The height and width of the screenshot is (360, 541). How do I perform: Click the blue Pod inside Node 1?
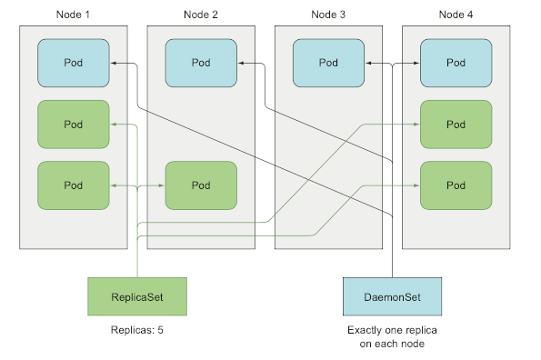(74, 63)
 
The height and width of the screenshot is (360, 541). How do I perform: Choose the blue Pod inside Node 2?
(201, 63)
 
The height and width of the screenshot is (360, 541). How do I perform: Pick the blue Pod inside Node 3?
(328, 63)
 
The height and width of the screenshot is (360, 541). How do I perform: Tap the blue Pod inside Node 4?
(456, 63)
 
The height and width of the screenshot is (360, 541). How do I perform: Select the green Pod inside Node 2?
(201, 185)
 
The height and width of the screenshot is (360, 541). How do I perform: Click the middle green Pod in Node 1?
(74, 124)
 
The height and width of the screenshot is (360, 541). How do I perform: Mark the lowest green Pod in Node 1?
(74, 185)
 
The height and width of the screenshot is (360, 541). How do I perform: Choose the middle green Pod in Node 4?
(456, 124)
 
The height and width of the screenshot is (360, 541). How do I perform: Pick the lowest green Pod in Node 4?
(456, 185)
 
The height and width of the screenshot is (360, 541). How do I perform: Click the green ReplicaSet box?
(136, 297)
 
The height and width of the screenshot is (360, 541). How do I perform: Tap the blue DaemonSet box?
(391, 297)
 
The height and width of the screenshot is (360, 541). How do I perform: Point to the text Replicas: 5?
(136, 331)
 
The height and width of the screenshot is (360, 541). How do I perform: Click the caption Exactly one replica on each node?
(391, 337)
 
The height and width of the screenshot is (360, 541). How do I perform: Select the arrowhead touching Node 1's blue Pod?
(114, 63)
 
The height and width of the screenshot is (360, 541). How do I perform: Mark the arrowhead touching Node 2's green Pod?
(161, 185)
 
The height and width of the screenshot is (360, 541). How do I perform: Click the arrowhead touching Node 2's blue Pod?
(241, 63)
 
